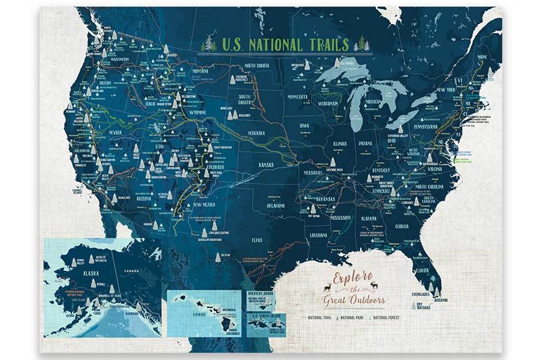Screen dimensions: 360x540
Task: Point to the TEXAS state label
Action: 257,240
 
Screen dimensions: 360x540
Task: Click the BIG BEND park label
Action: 227,254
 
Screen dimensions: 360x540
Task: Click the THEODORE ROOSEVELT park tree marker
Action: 233,79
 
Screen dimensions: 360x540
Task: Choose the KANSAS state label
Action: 262,164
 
